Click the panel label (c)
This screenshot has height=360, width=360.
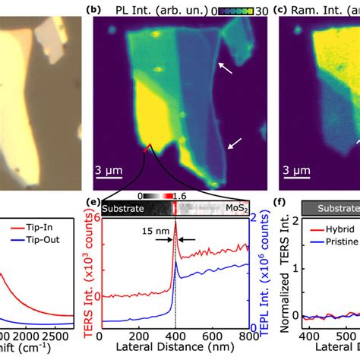pos(279,10)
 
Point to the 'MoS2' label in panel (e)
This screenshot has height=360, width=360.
pos(233,207)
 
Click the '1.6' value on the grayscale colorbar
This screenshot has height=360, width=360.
pos(176,194)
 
